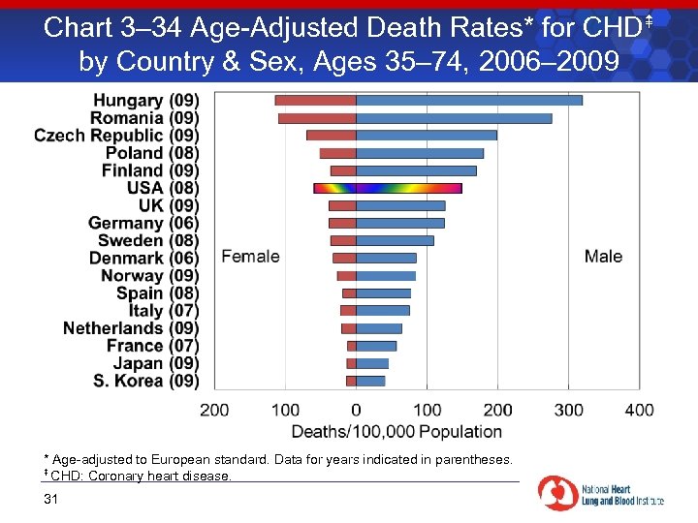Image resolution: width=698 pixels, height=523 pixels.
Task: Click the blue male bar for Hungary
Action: [x=469, y=100]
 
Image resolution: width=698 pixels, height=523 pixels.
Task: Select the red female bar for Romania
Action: [x=317, y=118]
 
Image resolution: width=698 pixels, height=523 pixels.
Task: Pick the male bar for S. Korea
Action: [x=370, y=381]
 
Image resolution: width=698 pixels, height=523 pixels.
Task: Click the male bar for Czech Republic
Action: [x=427, y=136]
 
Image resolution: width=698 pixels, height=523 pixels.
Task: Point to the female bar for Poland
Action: [x=338, y=153]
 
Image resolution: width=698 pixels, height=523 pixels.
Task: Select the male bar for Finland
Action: [x=416, y=170]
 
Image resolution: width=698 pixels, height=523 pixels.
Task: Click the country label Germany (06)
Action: [x=143, y=224]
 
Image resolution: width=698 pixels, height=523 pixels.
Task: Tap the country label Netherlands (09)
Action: [x=131, y=328]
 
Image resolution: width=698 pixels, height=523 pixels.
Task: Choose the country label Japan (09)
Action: [x=156, y=363]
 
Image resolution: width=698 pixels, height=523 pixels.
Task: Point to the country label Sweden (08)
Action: [x=148, y=241]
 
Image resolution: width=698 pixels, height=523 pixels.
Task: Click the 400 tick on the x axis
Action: [x=640, y=410]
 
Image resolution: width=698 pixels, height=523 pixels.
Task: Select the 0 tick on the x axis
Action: [x=356, y=410]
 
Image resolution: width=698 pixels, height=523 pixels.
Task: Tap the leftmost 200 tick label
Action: [x=214, y=410]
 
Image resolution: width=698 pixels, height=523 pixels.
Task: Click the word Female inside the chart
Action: [x=250, y=257]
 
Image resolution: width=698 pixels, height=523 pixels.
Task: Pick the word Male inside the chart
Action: [x=603, y=257]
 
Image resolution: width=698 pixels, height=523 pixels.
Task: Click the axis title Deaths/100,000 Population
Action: [x=397, y=431]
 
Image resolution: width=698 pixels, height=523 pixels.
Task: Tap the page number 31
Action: [x=51, y=500]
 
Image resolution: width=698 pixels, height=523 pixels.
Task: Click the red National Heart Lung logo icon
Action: [x=557, y=492]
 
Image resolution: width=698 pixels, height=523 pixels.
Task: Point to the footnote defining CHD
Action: [x=138, y=475]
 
